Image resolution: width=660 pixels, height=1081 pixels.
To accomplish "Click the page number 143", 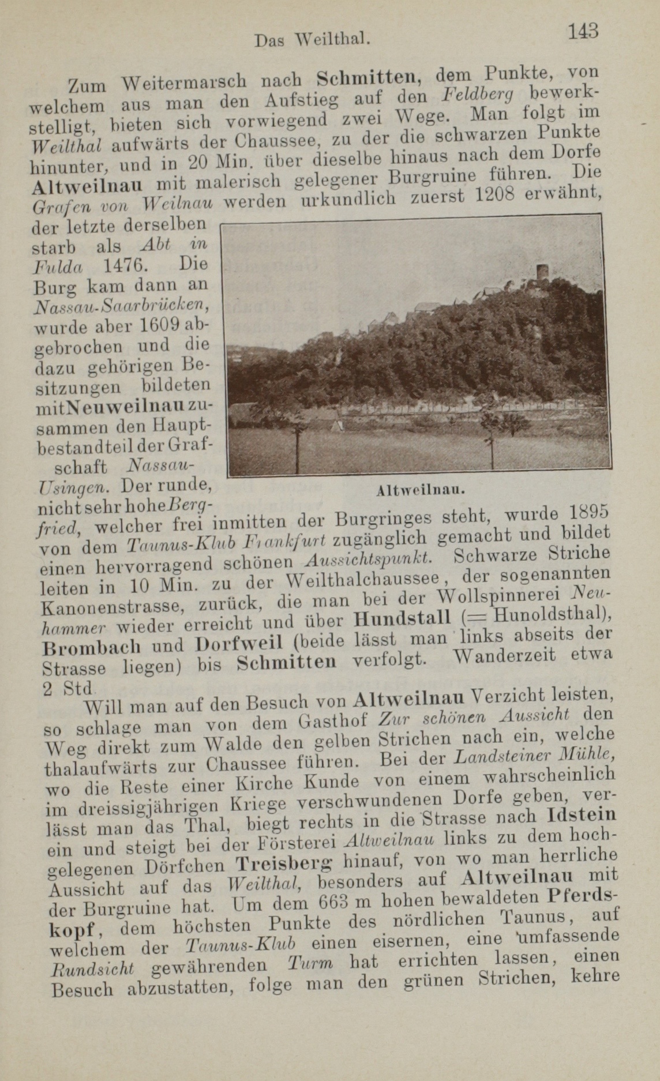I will (x=582, y=30).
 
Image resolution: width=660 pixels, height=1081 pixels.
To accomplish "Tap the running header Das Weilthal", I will (x=312, y=40).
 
